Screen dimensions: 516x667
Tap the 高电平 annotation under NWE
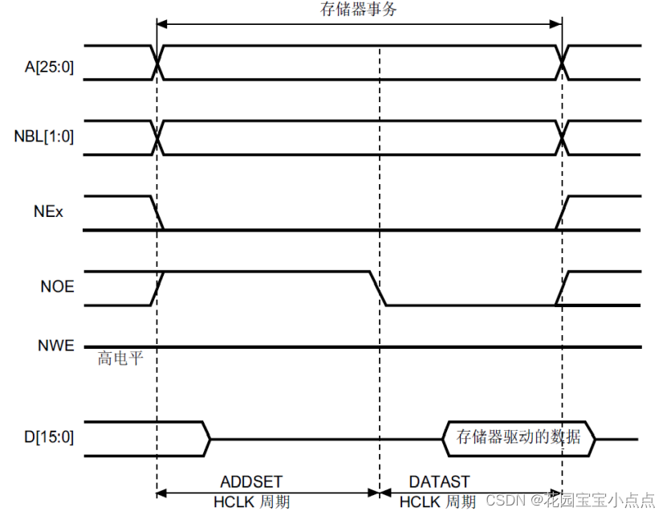(120, 358)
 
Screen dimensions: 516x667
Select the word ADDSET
(251, 481)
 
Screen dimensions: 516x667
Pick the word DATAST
(439, 481)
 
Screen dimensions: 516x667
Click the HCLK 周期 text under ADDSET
(251, 502)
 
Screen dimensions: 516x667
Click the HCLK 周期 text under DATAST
(438, 502)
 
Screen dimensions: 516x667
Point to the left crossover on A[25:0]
(157, 62)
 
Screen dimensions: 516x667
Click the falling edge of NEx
(157, 213)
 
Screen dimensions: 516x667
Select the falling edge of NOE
(378, 288)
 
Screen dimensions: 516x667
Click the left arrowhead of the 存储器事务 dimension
(161, 24)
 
